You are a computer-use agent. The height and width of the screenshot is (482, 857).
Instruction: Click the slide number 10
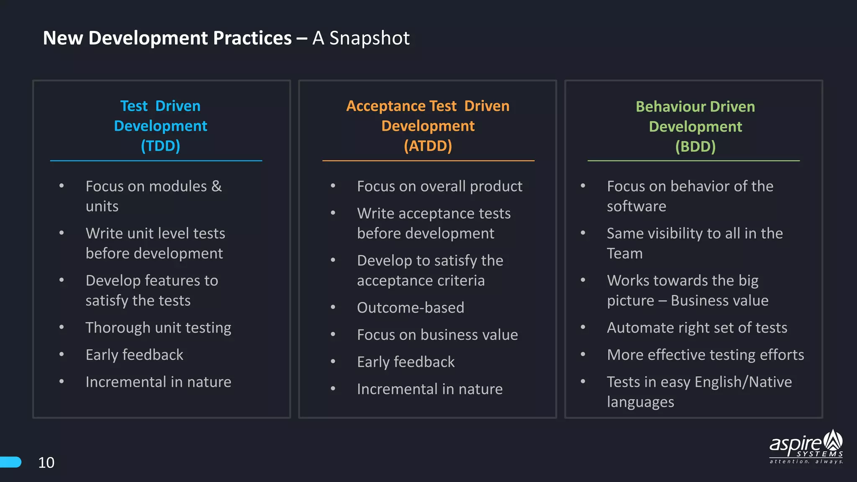tap(46, 462)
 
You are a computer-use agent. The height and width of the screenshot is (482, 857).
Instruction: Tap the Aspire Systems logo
tap(806, 447)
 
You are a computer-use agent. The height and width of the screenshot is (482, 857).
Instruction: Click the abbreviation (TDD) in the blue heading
tap(160, 146)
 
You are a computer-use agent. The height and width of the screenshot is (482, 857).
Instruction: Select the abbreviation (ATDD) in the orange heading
tap(428, 146)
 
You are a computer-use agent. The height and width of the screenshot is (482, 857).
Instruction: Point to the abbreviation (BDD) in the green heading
tap(695, 147)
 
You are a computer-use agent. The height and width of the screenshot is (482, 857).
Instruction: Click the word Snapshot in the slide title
tap(369, 38)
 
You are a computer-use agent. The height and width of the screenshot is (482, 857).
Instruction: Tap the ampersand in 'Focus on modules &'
tap(216, 186)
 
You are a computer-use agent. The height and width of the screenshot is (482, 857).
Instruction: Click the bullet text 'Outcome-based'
tap(411, 308)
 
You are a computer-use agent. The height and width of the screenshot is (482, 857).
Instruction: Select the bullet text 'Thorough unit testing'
tap(158, 328)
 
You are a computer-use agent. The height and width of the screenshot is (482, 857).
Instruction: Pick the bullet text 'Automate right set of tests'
tap(697, 328)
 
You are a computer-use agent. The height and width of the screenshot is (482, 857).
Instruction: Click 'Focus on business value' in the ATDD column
tap(437, 335)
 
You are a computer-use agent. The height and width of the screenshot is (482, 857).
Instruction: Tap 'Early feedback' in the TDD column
tap(134, 355)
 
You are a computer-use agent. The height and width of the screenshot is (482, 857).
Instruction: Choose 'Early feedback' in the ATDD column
tap(405, 362)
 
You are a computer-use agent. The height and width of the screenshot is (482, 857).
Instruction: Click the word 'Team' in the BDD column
tap(624, 254)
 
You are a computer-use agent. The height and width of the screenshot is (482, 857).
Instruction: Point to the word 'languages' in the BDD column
tap(640, 402)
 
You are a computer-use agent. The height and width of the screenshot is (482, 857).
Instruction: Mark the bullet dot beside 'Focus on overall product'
tap(333, 185)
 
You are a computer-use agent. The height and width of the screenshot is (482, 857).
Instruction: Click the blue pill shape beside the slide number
tap(10, 462)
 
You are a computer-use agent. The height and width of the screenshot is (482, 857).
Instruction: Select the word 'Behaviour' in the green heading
tap(671, 107)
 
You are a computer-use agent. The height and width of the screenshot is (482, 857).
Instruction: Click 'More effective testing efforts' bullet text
tap(705, 355)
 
